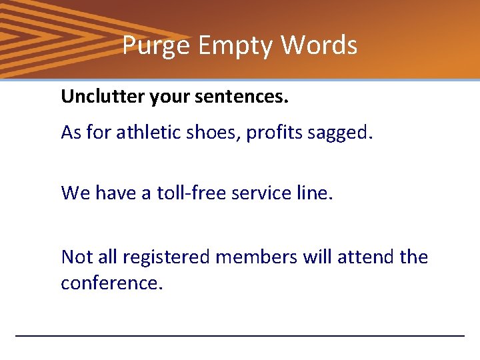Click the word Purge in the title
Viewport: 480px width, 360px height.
(x=148, y=46)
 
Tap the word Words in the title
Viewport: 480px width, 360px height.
(x=319, y=46)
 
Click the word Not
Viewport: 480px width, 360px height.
(x=75, y=257)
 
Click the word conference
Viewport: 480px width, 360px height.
(x=111, y=283)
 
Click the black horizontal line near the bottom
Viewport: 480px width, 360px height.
(x=239, y=335)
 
